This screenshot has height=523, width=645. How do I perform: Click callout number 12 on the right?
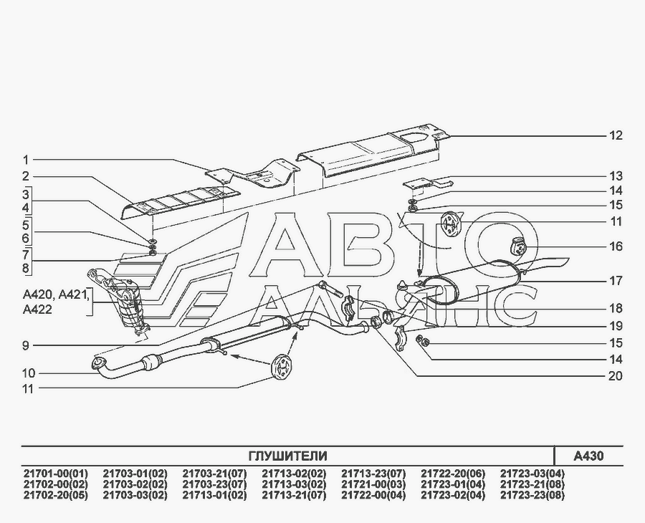click(616, 135)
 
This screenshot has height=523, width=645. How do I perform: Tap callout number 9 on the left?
click(25, 345)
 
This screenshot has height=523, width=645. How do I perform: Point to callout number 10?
click(28, 373)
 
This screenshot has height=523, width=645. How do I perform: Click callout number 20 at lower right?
click(616, 375)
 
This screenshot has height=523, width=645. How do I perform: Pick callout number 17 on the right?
click(616, 282)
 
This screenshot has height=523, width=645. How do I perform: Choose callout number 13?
click(616, 176)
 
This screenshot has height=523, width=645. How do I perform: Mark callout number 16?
click(616, 246)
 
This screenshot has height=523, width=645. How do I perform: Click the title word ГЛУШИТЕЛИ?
click(287, 456)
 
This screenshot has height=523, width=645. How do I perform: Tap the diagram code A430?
click(588, 456)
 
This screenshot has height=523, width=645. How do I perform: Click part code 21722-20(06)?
click(452, 473)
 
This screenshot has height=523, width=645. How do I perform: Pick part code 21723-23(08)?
click(532, 494)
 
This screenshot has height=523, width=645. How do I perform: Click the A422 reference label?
click(37, 310)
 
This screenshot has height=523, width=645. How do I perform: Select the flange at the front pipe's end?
click(97, 365)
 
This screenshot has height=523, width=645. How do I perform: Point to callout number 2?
click(25, 176)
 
